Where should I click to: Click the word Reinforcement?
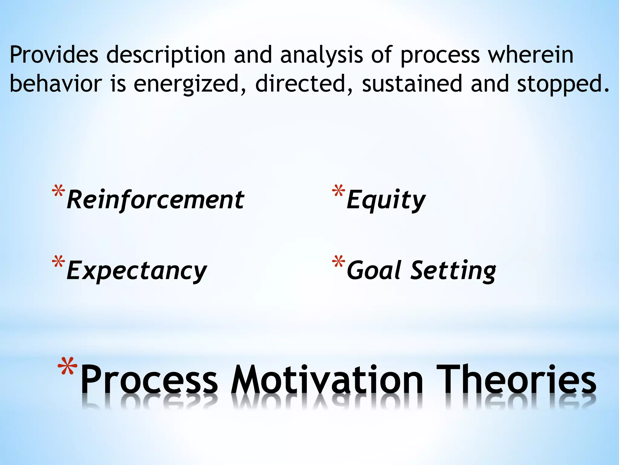coord(155,200)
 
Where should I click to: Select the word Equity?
coord(386,200)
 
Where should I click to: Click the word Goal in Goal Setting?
coord(374,270)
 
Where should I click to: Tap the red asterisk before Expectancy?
coord(58,262)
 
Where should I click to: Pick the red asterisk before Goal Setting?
coord(338,262)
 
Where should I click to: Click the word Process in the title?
coord(149,380)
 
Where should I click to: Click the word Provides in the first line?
coord(54,55)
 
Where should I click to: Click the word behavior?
coord(56,84)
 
